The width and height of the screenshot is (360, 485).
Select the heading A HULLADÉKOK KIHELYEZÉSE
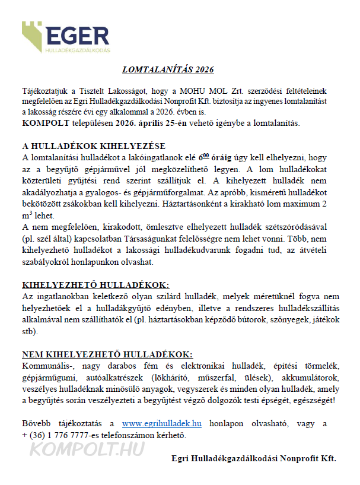tap(94, 146)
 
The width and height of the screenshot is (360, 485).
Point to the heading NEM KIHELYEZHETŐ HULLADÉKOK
tap(107, 354)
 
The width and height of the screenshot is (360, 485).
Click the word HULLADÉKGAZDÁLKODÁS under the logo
tap(77, 52)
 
